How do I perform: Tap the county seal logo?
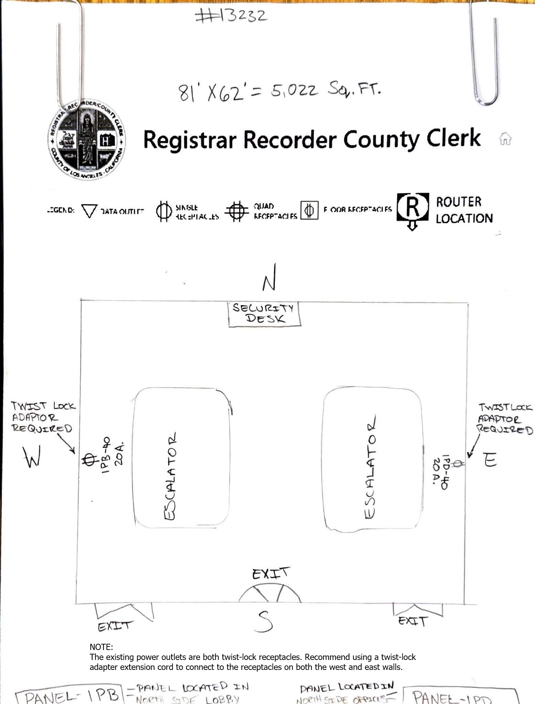pos(86,140)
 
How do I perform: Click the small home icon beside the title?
pos(505,139)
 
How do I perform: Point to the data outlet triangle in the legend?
pos(89,211)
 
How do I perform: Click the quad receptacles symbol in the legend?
pos(236,211)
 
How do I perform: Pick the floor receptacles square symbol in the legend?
pos(309,210)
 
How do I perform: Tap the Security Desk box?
pos(264,313)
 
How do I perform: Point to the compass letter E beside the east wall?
pos(490,460)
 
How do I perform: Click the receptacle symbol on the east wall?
pos(458,464)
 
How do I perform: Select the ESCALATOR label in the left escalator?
pos(171,476)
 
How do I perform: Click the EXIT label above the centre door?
pos(271,573)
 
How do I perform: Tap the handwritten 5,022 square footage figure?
pos(294,90)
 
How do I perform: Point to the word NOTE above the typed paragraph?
pos(101,647)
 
